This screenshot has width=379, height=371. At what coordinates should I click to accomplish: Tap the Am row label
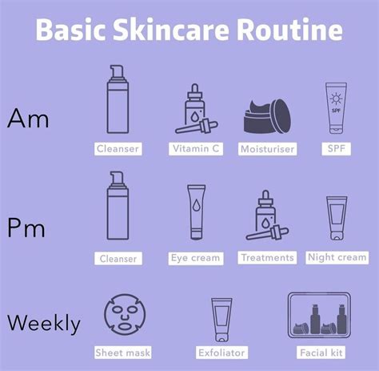pos(28,119)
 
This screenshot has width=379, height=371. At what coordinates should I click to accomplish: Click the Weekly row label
pos(44,324)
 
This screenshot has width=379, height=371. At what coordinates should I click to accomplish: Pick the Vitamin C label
pos(197,148)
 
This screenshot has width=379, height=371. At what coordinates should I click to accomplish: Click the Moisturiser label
pos(267,149)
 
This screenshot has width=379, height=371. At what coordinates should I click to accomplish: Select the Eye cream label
pos(195,258)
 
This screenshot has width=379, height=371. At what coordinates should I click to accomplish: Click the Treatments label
pos(266,258)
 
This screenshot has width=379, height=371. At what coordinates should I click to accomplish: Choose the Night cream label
pos(337,257)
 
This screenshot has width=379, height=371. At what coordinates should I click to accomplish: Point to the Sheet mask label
pos(123,353)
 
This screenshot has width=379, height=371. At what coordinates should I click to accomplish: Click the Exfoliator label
pos(221,353)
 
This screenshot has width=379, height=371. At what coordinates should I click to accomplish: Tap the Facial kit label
pos(320,353)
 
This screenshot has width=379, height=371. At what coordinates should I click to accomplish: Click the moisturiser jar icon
pos(267,116)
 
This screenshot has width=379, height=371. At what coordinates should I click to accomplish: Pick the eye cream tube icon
pos(196,213)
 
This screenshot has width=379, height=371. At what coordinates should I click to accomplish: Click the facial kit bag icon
pos(320,315)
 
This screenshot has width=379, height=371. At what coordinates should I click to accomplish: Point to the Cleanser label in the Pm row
pos(118,259)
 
